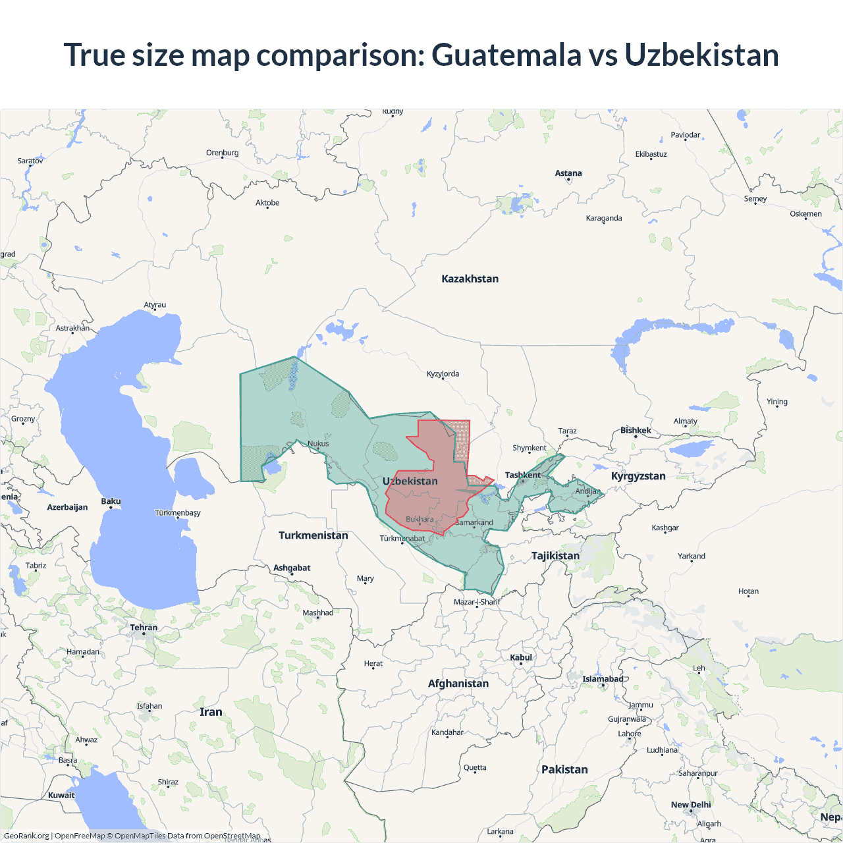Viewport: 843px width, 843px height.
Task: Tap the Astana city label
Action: pyautogui.click(x=568, y=173)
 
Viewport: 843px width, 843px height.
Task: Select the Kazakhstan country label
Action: pyautogui.click(x=470, y=279)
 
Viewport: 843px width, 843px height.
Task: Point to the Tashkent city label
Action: pyautogui.click(x=522, y=475)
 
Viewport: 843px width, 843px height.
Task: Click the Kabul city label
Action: pyautogui.click(x=521, y=657)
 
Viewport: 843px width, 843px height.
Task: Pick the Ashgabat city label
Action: pyautogui.click(x=292, y=568)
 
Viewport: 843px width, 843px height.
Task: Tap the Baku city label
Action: pyautogui.click(x=111, y=501)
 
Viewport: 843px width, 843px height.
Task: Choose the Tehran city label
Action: pyautogui.click(x=144, y=628)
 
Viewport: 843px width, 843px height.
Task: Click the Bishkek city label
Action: pyautogui.click(x=636, y=430)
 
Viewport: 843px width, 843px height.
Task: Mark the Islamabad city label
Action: pyautogui.click(x=603, y=679)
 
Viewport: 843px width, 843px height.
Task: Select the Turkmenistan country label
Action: pyautogui.click(x=313, y=535)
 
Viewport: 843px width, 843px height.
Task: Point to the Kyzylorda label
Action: pyautogui.click(x=443, y=374)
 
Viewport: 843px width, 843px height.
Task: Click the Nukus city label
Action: pyautogui.click(x=318, y=443)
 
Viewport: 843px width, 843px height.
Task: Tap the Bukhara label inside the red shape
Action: pyautogui.click(x=420, y=519)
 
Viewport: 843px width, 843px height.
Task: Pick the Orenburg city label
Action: pyautogui.click(x=222, y=153)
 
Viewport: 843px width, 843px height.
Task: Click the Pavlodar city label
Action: pyautogui.click(x=685, y=135)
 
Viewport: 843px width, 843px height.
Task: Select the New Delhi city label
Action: pyautogui.click(x=691, y=805)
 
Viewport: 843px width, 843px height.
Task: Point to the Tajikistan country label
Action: pyautogui.click(x=555, y=556)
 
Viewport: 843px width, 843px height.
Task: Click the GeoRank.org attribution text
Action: pyautogui.click(x=26, y=836)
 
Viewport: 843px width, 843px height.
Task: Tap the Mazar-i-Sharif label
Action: pyautogui.click(x=477, y=602)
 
